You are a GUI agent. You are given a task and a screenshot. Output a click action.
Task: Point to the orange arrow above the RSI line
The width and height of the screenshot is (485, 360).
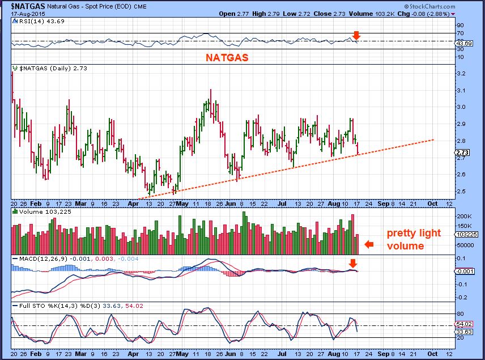click(x=356, y=35)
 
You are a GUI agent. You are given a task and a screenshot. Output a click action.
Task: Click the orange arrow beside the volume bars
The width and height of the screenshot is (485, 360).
click(x=369, y=244)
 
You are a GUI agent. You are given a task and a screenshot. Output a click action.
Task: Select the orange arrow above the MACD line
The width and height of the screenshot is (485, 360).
click(x=353, y=263)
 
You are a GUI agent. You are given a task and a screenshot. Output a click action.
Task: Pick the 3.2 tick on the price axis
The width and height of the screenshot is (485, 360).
click(x=460, y=74)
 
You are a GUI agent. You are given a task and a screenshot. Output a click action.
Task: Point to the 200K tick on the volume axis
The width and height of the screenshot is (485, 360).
click(x=464, y=217)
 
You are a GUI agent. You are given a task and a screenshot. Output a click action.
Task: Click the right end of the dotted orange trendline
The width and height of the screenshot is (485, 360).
click(x=434, y=139)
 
